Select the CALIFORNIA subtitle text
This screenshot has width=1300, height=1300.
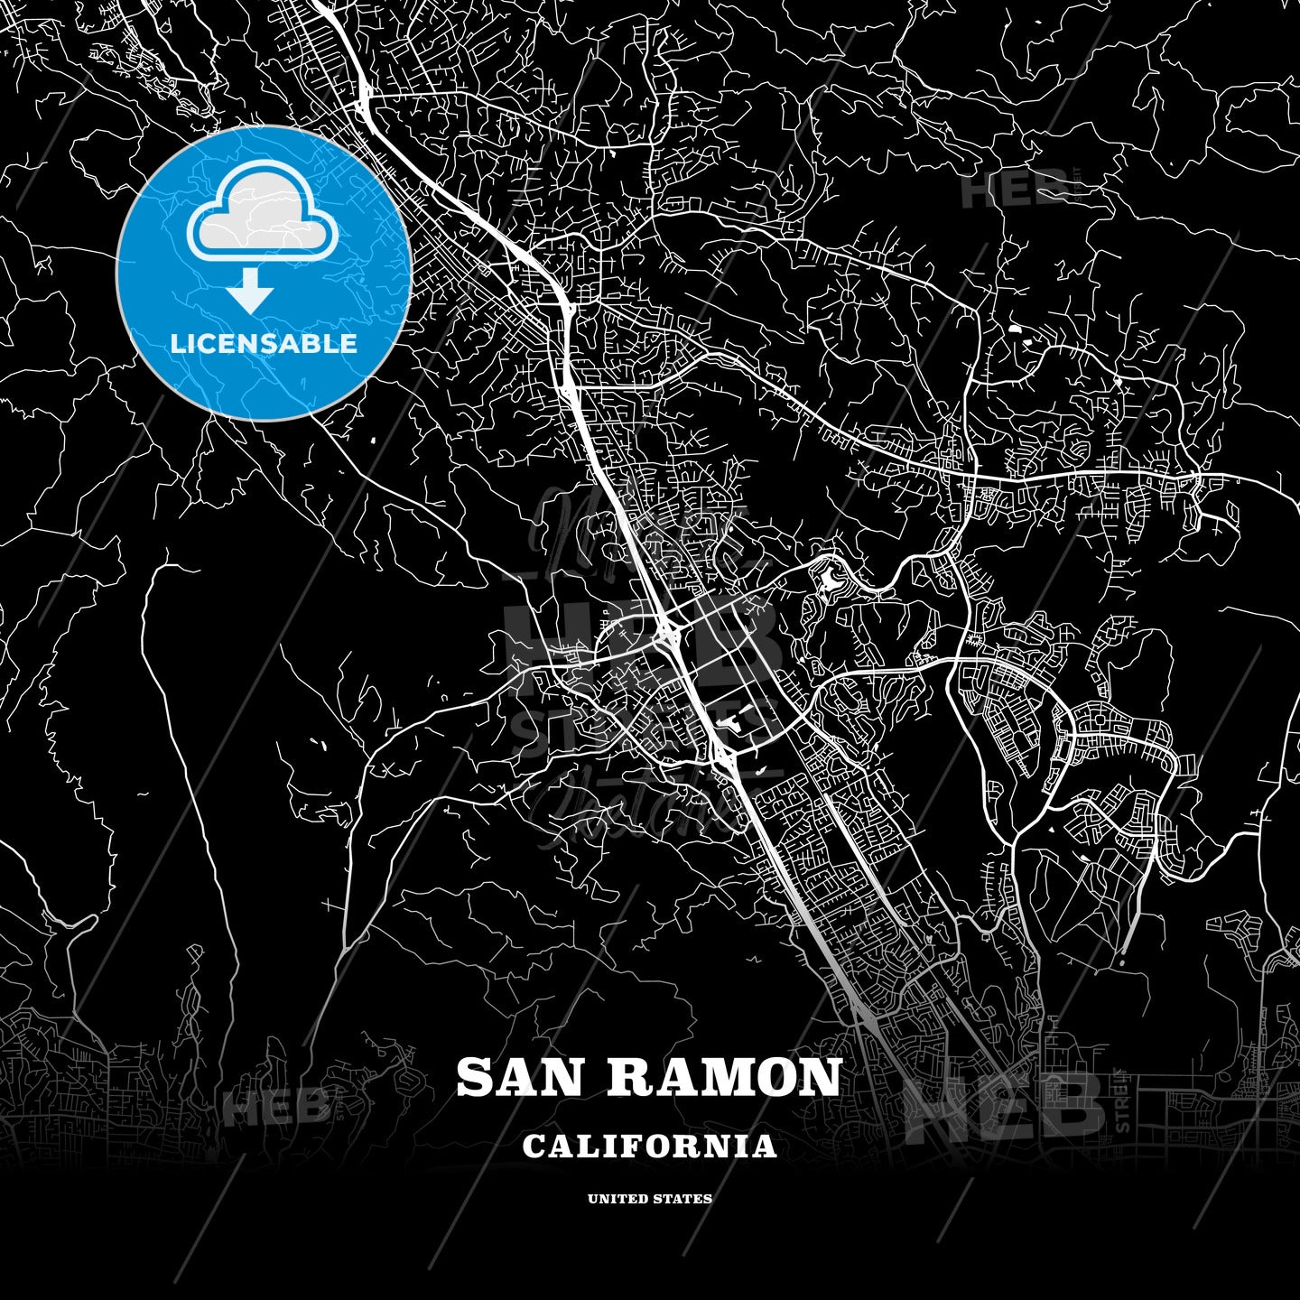pos(649,1147)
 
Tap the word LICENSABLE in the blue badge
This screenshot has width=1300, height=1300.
pos(264,344)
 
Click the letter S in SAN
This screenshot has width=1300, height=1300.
pos(475,1078)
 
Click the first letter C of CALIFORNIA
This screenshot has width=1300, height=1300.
pos(533,1147)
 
